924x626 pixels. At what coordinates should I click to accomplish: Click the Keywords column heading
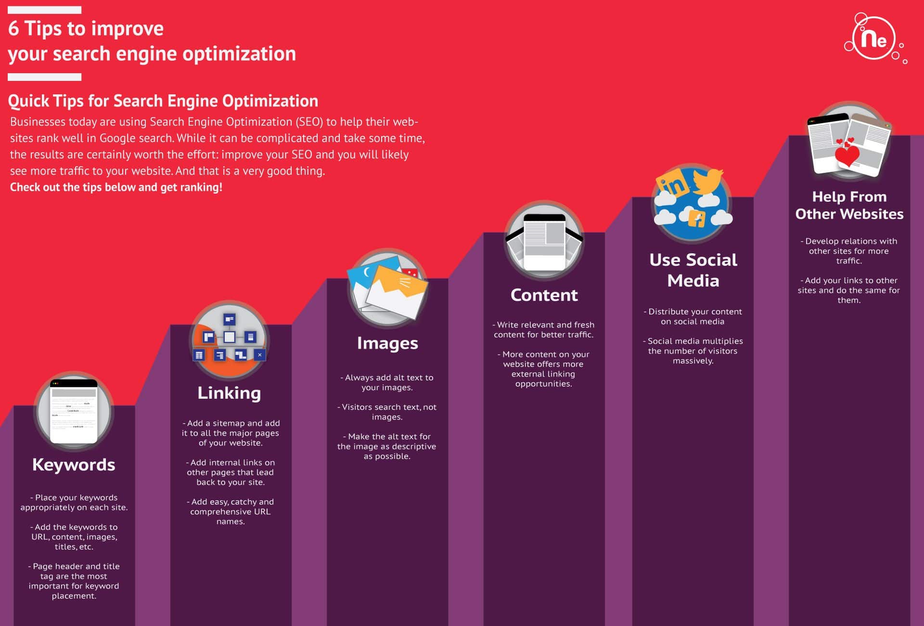pyautogui.click(x=74, y=465)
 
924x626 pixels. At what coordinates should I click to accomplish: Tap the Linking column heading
pyautogui.click(x=229, y=393)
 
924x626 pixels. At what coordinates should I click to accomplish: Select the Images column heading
pyautogui.click(x=387, y=343)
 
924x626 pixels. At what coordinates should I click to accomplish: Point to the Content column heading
pyautogui.click(x=544, y=295)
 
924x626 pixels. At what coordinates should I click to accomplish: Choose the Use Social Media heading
pyautogui.click(x=693, y=270)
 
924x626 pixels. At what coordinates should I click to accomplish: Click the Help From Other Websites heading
pyautogui.click(x=849, y=205)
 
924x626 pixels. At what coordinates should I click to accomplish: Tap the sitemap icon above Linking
pyautogui.click(x=230, y=339)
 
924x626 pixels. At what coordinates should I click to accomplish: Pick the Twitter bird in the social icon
pyautogui.click(x=708, y=181)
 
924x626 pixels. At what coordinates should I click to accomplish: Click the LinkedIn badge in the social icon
pyautogui.click(x=672, y=185)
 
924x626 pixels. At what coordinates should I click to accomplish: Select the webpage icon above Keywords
pyautogui.click(x=74, y=411)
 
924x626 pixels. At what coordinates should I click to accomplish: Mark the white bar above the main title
pyautogui.click(x=44, y=10)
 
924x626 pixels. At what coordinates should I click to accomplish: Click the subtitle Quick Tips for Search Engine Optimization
pyautogui.click(x=163, y=101)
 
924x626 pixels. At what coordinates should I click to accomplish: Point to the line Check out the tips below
pyautogui.click(x=116, y=187)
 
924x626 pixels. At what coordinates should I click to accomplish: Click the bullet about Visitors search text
pyautogui.click(x=387, y=412)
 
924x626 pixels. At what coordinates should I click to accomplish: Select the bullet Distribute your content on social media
pyautogui.click(x=693, y=316)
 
